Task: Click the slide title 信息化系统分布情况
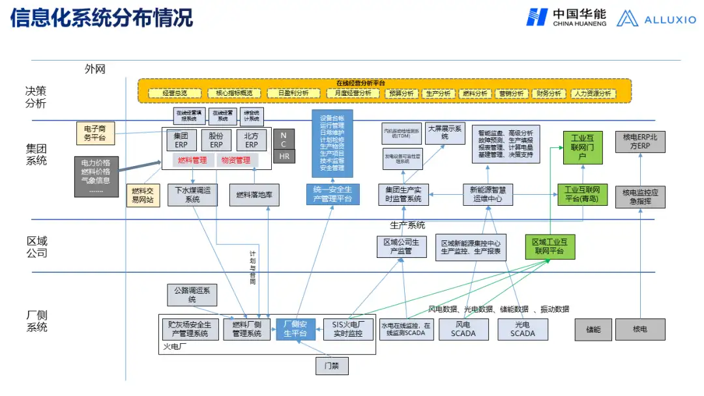pyautogui.click(x=102, y=18)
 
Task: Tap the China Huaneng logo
pyautogui.click(x=566, y=18)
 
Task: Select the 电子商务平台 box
pyautogui.click(x=95, y=133)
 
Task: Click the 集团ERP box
pyautogui.click(x=181, y=141)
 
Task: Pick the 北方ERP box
pyautogui.click(x=251, y=141)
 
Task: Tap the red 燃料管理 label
pyautogui.click(x=192, y=160)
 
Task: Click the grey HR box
pyautogui.click(x=284, y=156)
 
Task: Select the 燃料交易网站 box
pyautogui.click(x=143, y=195)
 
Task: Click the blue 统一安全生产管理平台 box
pyautogui.click(x=332, y=194)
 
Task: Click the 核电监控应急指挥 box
pyautogui.click(x=640, y=197)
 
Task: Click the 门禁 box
pyautogui.click(x=332, y=365)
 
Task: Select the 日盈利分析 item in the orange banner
pyautogui.click(x=288, y=93)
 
